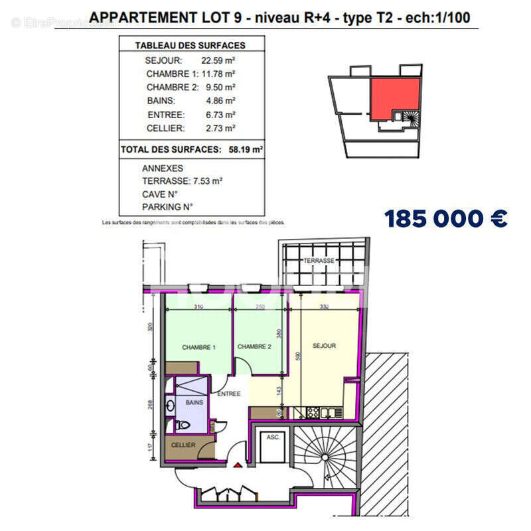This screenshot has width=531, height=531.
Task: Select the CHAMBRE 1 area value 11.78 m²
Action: (219, 74)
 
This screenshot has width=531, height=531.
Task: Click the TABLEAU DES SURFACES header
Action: (190, 46)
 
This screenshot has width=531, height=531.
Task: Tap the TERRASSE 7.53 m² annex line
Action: (182, 181)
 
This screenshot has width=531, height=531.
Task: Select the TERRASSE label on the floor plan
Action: (319, 261)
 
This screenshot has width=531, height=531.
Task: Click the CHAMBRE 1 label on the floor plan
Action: (199, 347)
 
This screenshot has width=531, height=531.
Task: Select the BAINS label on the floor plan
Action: (194, 403)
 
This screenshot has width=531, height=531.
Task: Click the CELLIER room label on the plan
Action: (183, 445)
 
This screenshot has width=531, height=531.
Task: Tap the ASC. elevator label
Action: (272, 437)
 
